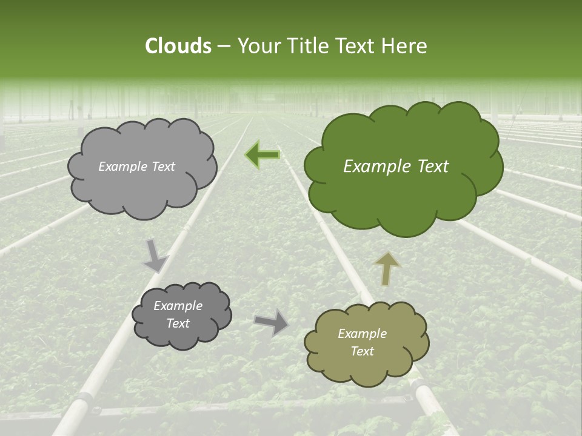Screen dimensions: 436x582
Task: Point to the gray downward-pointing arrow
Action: click(155, 255)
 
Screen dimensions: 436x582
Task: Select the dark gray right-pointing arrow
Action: click(272, 321)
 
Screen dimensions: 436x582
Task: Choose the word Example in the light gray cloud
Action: click(124, 167)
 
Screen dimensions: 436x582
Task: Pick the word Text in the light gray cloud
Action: click(163, 167)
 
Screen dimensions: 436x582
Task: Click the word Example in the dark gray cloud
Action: click(178, 306)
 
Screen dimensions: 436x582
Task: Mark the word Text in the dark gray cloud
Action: click(178, 323)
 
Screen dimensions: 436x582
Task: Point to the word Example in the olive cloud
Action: click(362, 334)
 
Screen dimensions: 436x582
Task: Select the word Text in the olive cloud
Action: click(363, 351)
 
